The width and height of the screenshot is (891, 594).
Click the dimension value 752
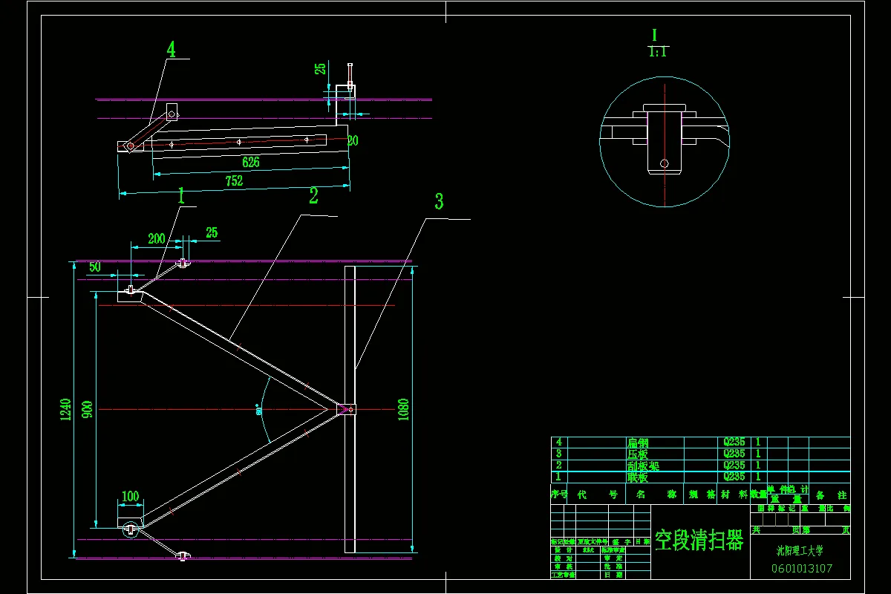pyautogui.click(x=235, y=180)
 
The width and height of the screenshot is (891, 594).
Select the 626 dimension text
pyautogui.click(x=250, y=161)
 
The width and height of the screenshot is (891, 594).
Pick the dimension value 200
pyautogui.click(x=156, y=238)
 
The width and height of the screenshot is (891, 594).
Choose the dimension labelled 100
pyautogui.click(x=130, y=495)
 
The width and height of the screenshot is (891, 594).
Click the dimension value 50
pyautogui.click(x=95, y=267)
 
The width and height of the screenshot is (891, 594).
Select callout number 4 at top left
pyautogui.click(x=172, y=50)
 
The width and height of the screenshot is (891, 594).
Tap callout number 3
pyautogui.click(x=439, y=201)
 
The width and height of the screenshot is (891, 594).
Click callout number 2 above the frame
pyautogui.click(x=313, y=196)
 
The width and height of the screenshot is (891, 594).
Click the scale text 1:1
pyautogui.click(x=658, y=52)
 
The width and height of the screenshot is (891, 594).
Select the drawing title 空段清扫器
pyautogui.click(x=699, y=540)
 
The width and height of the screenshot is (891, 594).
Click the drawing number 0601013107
pyautogui.click(x=802, y=569)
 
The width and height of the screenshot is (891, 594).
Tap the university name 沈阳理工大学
pyautogui.click(x=800, y=551)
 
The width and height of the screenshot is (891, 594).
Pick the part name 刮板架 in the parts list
pyautogui.click(x=643, y=466)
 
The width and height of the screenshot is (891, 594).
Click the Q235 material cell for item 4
pyautogui.click(x=734, y=442)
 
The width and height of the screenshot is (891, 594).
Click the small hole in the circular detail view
pyautogui.click(x=664, y=163)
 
